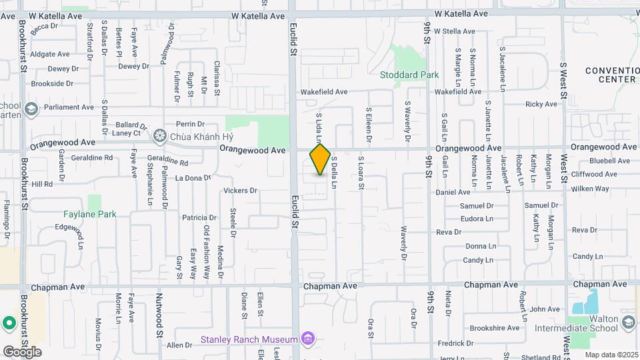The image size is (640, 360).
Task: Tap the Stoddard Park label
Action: point(409,75)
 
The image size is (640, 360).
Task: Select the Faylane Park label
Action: point(90,214)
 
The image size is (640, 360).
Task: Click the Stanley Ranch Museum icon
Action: point(307,339)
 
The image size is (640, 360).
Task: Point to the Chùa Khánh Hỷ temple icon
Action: point(159,136)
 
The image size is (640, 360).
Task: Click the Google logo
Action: point(22,351)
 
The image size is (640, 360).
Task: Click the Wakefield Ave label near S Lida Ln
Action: point(324,92)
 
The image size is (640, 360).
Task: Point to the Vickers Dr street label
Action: point(240,191)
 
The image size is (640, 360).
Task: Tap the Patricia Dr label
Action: point(199,217)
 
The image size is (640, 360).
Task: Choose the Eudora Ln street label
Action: point(477,219)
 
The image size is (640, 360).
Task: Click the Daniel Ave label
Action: point(453,192)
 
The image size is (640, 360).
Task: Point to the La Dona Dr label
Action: point(193,178)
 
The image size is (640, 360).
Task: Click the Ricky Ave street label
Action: point(541,104)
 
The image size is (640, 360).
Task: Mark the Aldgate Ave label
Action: point(50,54)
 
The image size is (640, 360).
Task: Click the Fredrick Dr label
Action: point(456,344)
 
